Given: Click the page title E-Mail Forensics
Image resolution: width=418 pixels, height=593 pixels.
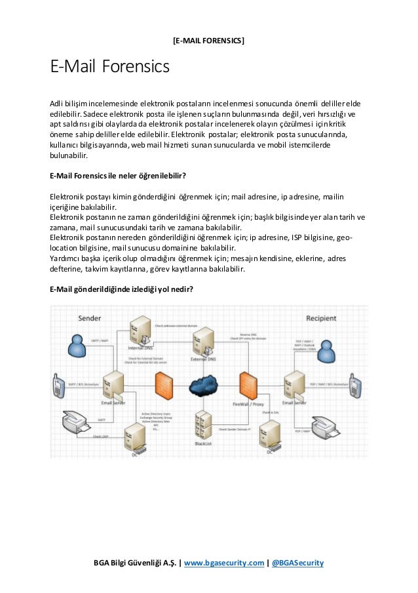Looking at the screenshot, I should tap(109, 68).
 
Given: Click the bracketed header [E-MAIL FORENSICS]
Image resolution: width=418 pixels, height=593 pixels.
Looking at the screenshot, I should tap(208, 41).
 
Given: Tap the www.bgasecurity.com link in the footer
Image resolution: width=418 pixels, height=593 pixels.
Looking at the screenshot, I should tap(224, 563).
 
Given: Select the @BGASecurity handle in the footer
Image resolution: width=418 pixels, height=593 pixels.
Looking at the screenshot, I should tap(297, 563).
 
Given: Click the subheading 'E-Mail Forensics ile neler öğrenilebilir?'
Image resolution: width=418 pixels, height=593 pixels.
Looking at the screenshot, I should tap(119, 175).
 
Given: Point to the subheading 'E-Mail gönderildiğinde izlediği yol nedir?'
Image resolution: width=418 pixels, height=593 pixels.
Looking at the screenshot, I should tap(121, 289).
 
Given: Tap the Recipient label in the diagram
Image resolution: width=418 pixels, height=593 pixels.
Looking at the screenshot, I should tap(321, 319).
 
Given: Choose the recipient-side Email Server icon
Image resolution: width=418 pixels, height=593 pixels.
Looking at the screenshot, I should tap(294, 384).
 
